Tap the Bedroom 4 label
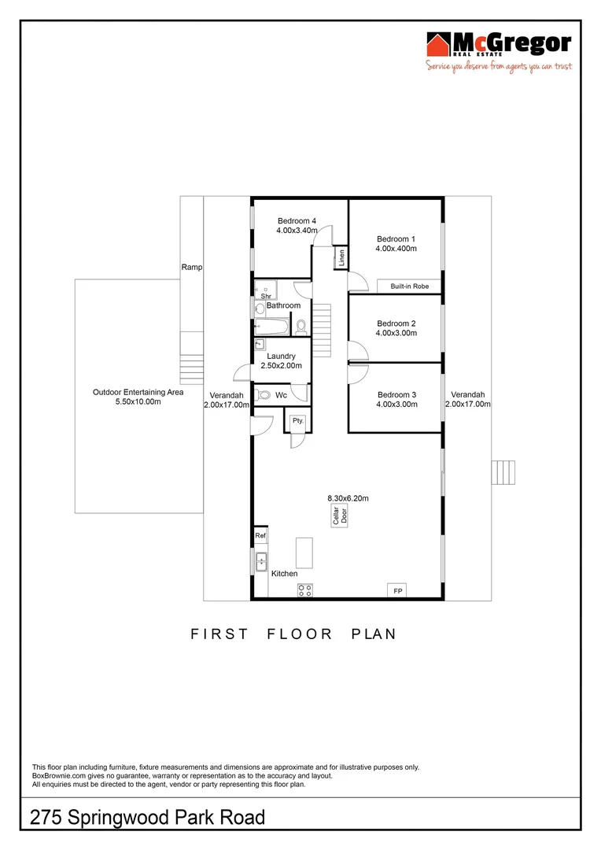tap(297, 221)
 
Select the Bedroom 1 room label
tap(396, 238)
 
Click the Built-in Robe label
tap(409, 286)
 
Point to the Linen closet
tap(342, 257)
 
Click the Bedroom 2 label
tap(396, 323)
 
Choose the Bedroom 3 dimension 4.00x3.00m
tap(396, 405)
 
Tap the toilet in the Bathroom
tap(300, 326)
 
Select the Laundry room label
tap(281, 357)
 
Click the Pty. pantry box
tap(298, 421)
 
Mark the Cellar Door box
tap(340, 516)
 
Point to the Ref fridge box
tap(260, 536)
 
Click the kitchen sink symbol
tap(261, 561)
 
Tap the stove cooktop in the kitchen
tap(305, 591)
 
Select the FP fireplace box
tap(397, 590)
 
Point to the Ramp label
tap(192, 268)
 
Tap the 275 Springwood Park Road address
tap(148, 818)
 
